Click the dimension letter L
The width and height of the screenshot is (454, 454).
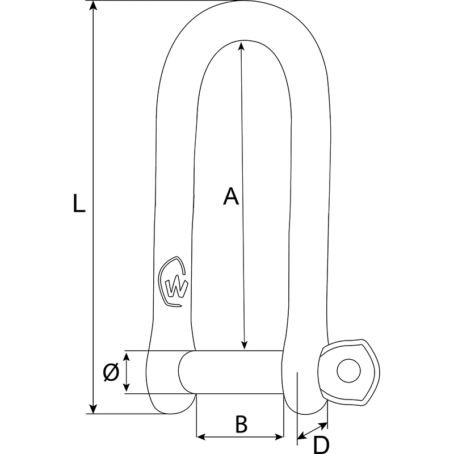pyautogui.click(x=79, y=203)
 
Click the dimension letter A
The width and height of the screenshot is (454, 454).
pyautogui.click(x=230, y=196)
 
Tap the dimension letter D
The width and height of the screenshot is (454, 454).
pyautogui.click(x=321, y=444)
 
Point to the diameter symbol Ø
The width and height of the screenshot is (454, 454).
pyautogui.click(x=111, y=372)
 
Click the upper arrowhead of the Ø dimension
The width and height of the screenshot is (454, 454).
pyautogui.click(x=127, y=356)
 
